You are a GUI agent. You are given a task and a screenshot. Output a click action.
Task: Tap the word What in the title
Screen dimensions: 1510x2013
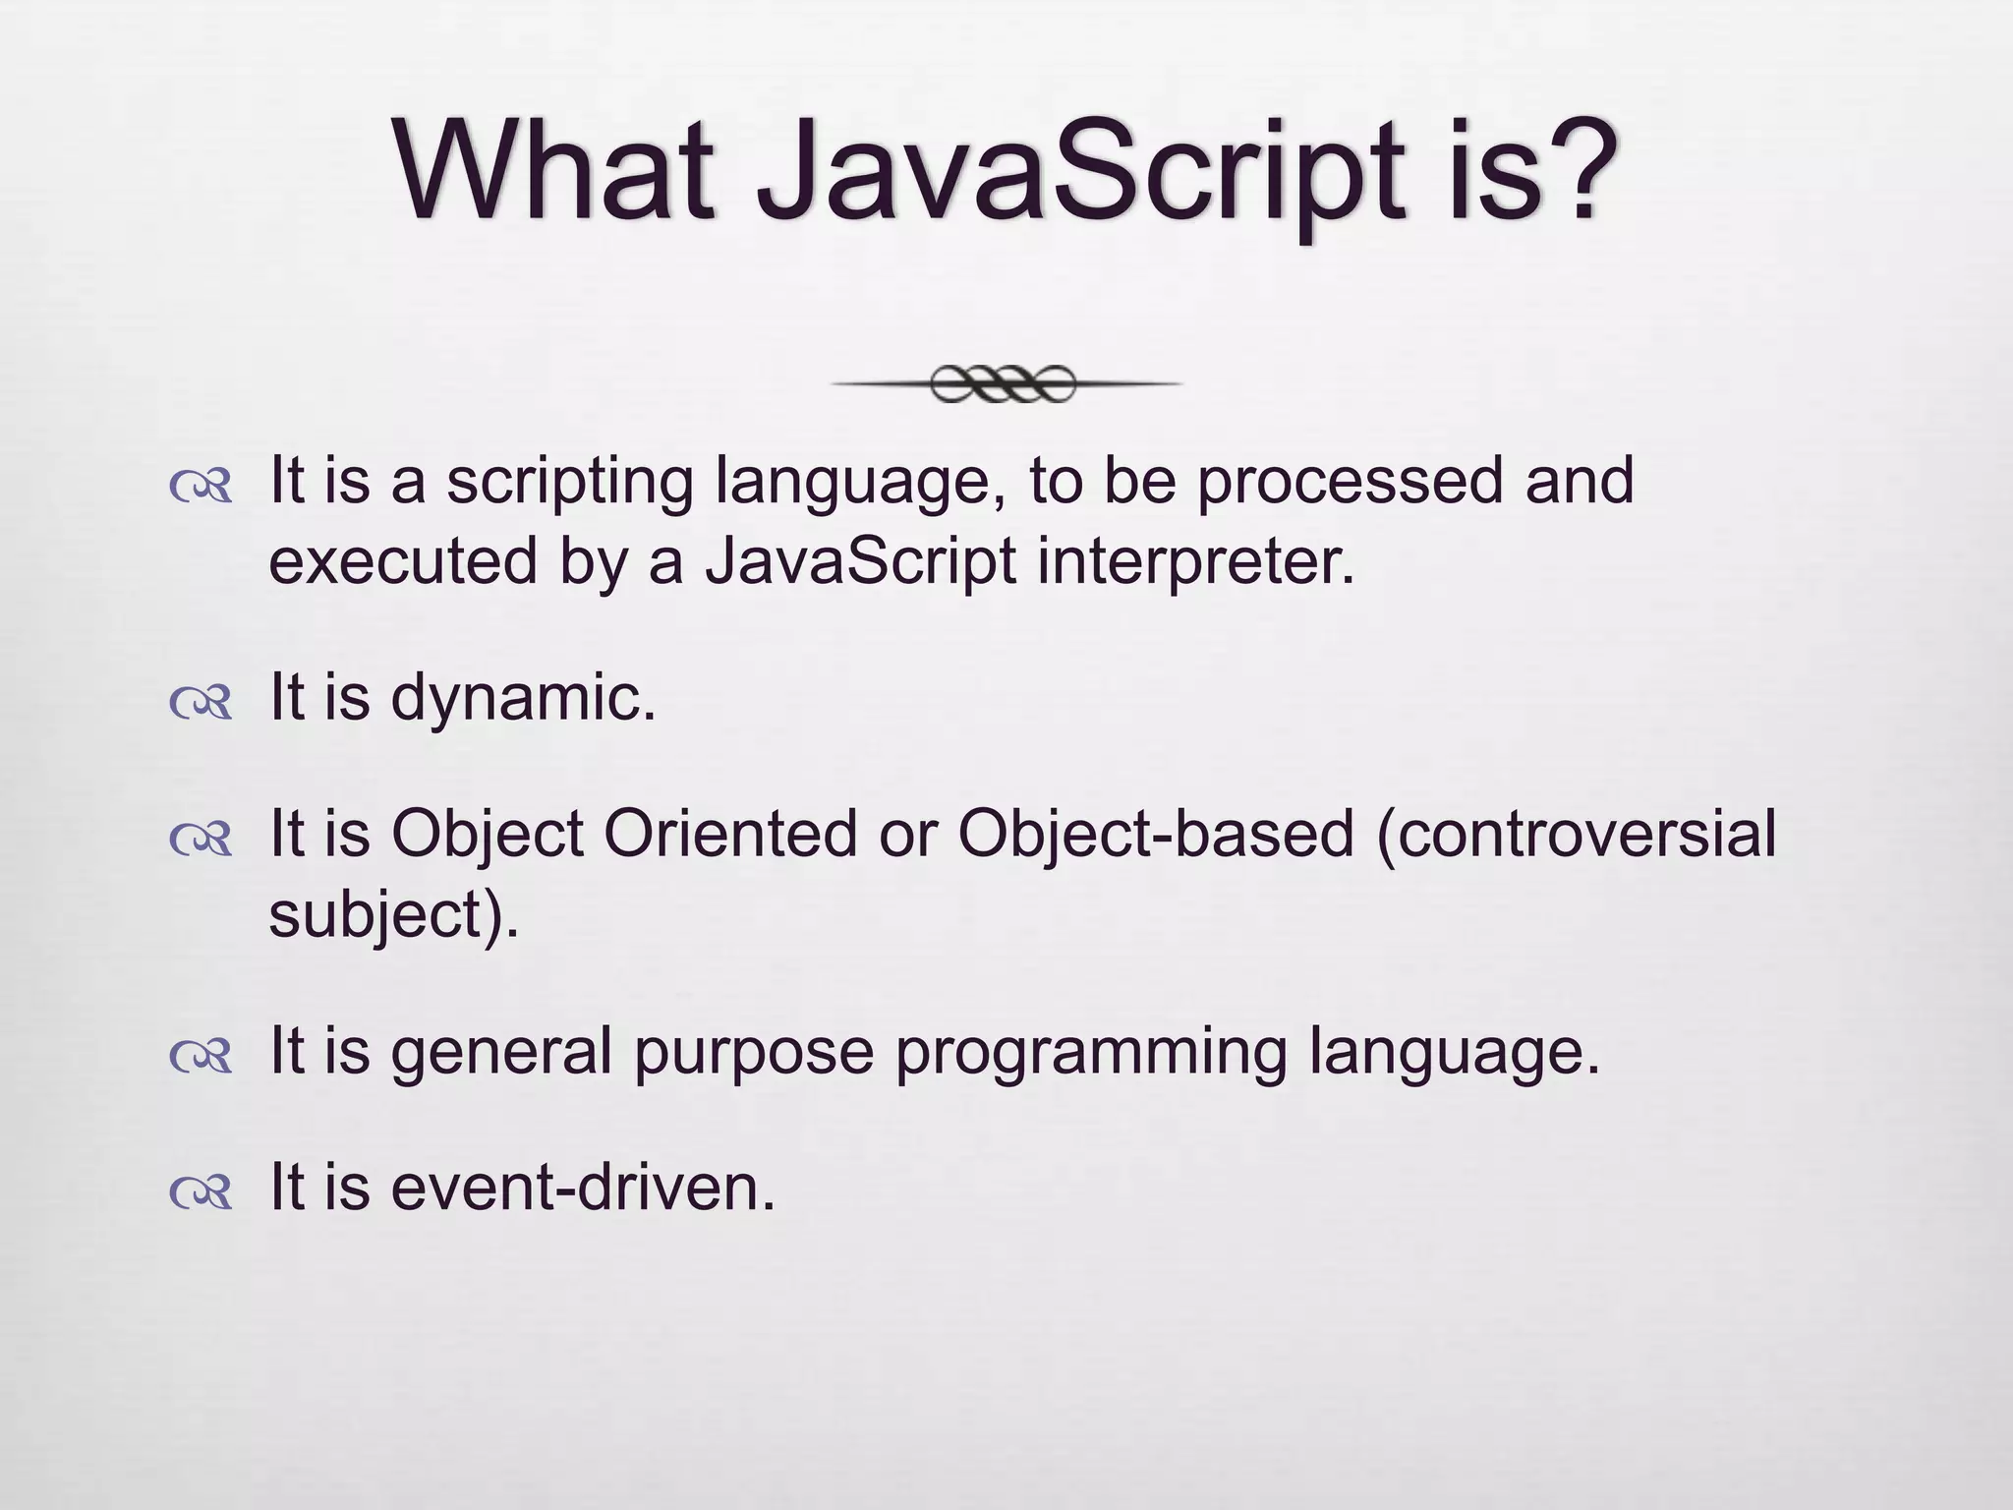click(555, 172)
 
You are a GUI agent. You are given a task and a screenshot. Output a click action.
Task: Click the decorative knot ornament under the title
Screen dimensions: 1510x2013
click(1004, 384)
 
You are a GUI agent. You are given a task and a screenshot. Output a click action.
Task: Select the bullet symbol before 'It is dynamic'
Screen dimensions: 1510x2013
click(201, 702)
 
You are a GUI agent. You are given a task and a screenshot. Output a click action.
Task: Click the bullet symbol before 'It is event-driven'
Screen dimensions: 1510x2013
click(201, 1191)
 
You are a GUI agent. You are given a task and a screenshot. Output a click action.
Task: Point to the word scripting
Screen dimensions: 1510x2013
click(570, 485)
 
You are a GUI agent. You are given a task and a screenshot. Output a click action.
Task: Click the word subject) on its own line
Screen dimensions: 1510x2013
click(393, 917)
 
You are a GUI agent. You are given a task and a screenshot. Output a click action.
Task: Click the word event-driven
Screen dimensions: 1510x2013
click(583, 1189)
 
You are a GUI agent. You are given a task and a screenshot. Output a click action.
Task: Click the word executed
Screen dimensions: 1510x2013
click(402, 562)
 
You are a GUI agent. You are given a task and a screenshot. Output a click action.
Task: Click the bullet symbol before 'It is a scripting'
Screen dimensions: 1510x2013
click(201, 487)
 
